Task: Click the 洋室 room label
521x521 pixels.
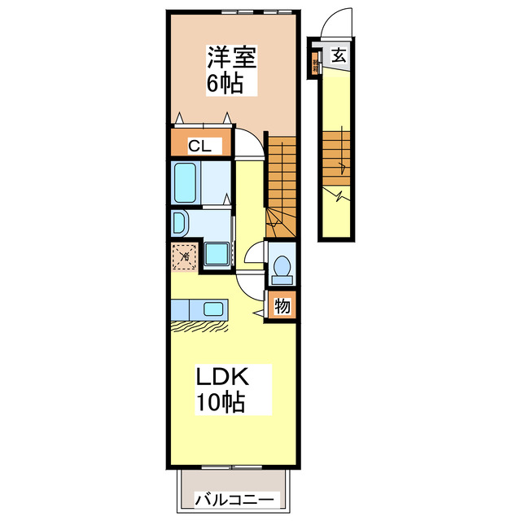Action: (x=232, y=59)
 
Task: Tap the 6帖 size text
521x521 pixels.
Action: (x=226, y=82)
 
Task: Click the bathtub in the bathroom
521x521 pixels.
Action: (x=186, y=183)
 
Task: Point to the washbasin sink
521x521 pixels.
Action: (x=180, y=222)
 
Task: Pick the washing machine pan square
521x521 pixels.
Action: (x=217, y=255)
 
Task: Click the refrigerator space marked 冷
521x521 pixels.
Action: (x=185, y=256)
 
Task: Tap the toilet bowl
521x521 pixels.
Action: (x=282, y=268)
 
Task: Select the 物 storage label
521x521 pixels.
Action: (x=282, y=308)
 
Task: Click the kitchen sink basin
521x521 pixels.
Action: (x=213, y=309)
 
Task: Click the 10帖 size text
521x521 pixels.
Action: (x=220, y=401)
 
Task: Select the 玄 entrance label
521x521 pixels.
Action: (x=338, y=56)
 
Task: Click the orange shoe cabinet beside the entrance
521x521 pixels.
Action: (x=314, y=63)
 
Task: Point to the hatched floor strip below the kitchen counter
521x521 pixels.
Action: (x=201, y=326)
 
